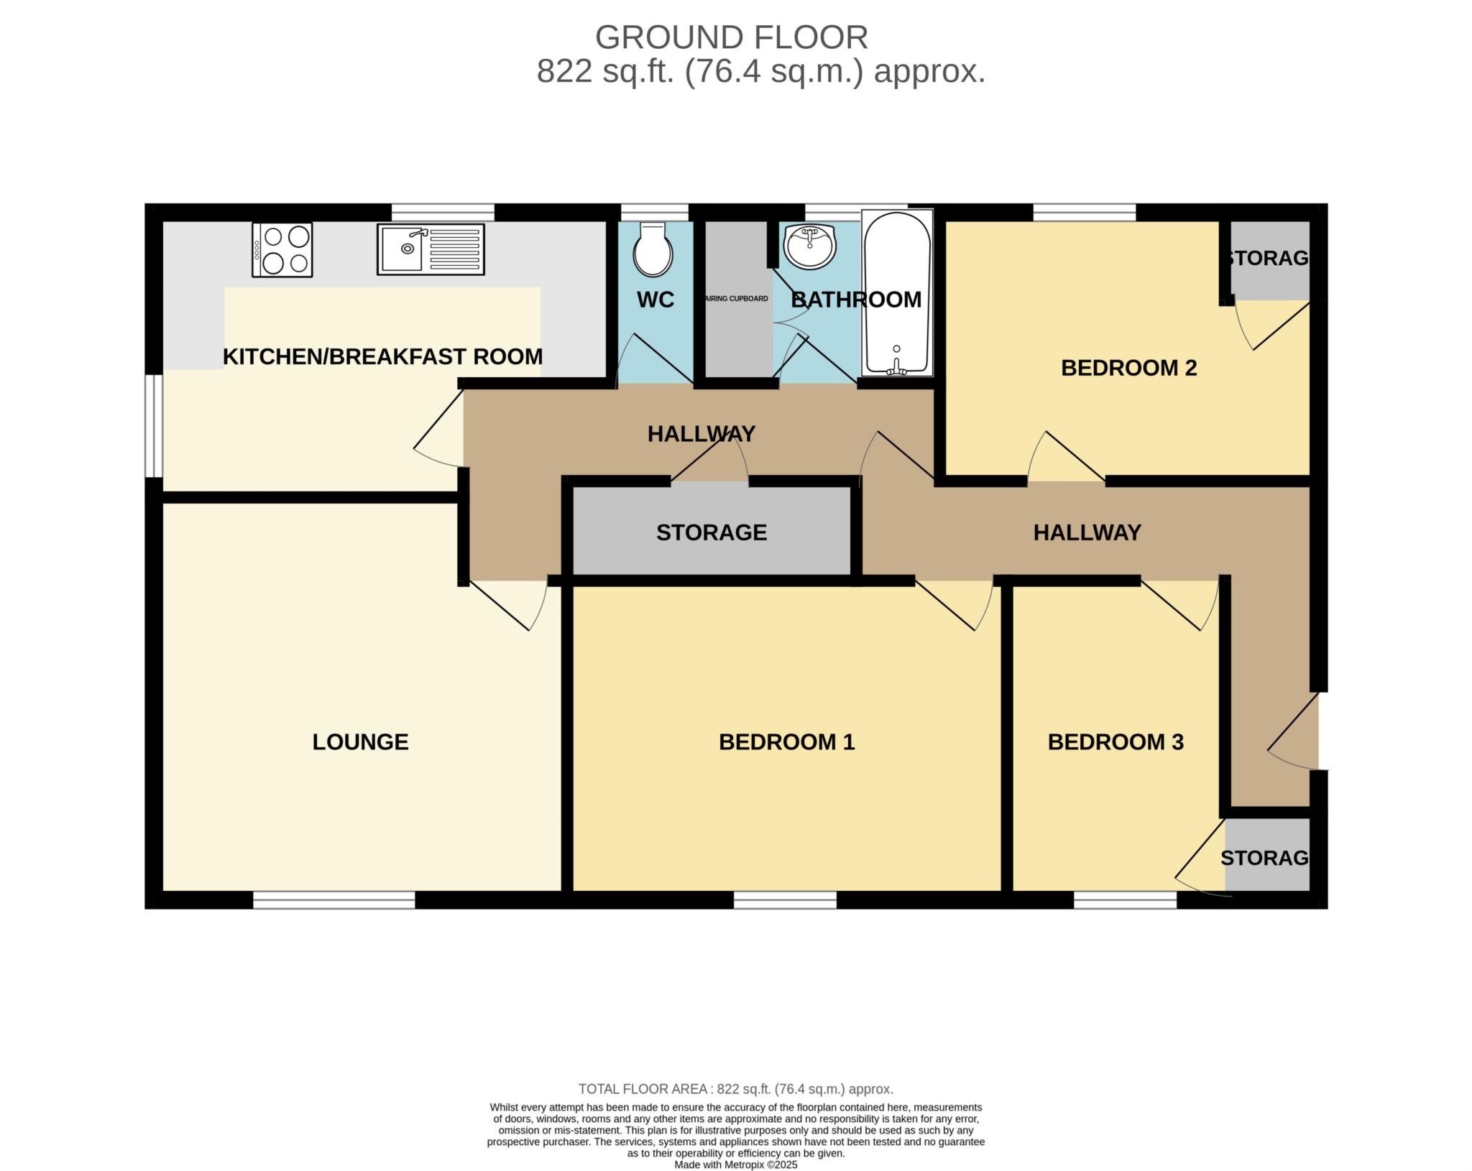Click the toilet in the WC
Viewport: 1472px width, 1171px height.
tap(653, 249)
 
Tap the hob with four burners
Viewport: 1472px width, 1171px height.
tap(282, 249)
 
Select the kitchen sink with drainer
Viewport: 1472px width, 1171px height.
tap(431, 249)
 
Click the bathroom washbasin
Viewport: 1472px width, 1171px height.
tap(810, 246)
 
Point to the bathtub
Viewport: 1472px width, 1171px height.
tap(896, 292)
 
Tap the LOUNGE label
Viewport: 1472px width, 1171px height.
tap(360, 741)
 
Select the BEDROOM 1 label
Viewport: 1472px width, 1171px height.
tap(786, 741)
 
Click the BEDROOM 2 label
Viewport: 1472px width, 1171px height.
tap(1128, 368)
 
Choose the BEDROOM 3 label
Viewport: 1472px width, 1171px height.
tap(1115, 741)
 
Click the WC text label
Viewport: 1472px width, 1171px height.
tap(655, 300)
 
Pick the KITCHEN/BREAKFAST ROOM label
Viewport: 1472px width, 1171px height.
tap(382, 356)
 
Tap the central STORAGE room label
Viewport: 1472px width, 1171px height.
tap(712, 532)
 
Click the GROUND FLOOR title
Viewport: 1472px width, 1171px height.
tap(732, 37)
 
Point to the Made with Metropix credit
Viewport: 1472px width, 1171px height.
tap(735, 1165)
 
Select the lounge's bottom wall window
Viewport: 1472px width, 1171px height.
tap(334, 899)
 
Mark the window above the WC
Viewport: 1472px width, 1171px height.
tap(655, 213)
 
